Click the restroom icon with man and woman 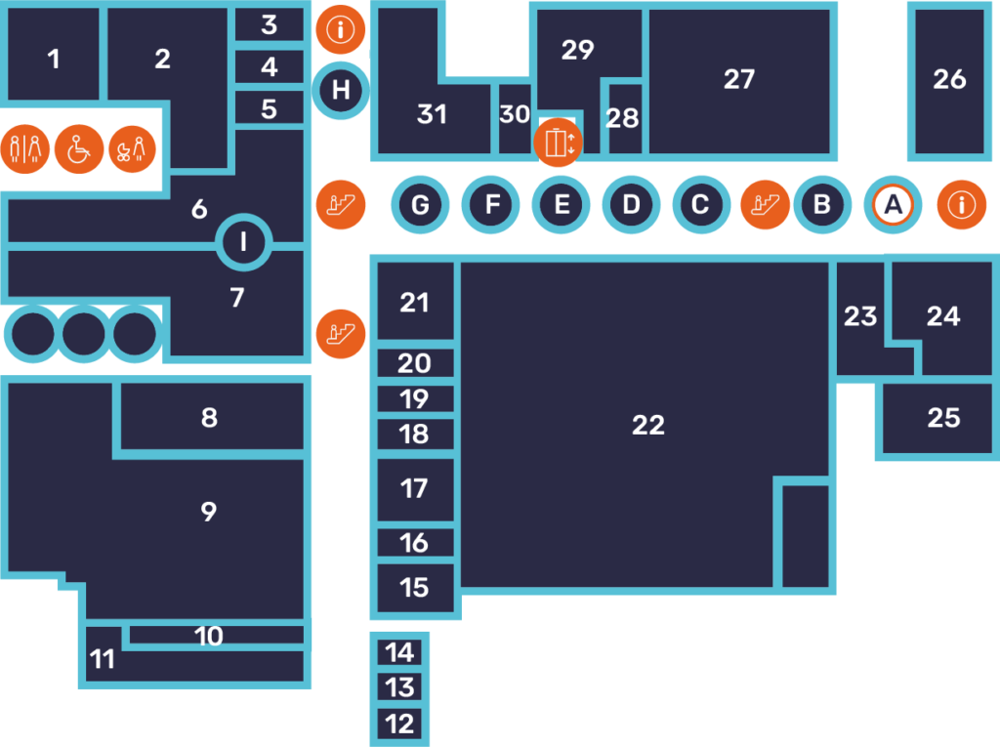[x=24, y=149]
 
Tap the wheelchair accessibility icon [x=78, y=149]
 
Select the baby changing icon [x=132, y=149]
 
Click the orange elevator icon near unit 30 [x=558, y=143]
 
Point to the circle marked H [x=341, y=91]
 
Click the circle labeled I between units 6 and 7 [x=243, y=242]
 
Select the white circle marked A [x=893, y=205]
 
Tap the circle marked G [x=420, y=205]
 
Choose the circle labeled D [x=631, y=205]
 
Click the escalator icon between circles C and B [x=765, y=205]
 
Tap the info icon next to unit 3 [x=341, y=29]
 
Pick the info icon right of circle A [x=961, y=205]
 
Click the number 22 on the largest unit [x=648, y=425]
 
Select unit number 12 [x=399, y=724]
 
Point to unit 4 [x=270, y=66]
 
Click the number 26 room [x=949, y=79]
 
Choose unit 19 [x=414, y=398]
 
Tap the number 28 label [x=622, y=118]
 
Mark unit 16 [x=414, y=543]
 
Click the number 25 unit [x=943, y=418]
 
